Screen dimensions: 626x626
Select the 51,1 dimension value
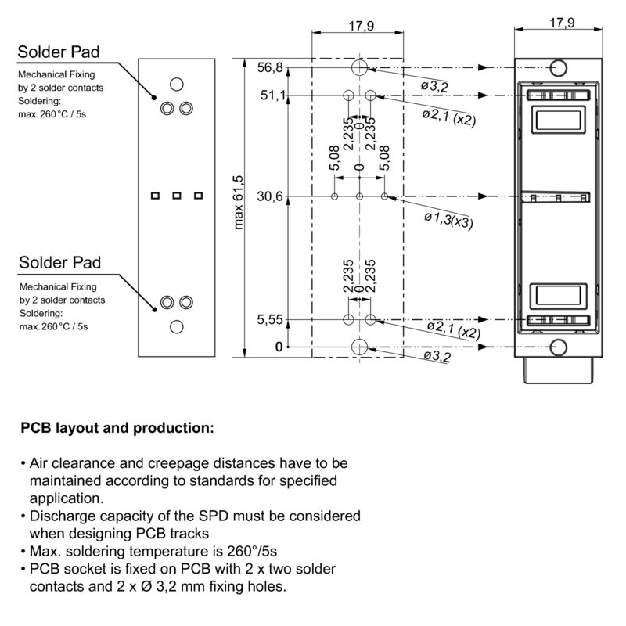(271, 95)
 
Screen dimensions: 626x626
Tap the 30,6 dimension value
(271, 196)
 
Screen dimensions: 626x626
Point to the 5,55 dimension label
(271, 320)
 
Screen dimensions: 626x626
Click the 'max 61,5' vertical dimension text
(239, 202)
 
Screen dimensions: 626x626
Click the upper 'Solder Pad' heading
(59, 52)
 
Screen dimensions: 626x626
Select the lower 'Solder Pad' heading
(59, 261)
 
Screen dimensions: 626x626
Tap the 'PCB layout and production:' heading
(117, 428)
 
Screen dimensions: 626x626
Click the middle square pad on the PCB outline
(177, 195)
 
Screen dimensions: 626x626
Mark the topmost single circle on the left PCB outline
(177, 84)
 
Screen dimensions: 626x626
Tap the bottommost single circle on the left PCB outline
(177, 326)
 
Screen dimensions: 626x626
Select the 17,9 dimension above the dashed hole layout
(359, 26)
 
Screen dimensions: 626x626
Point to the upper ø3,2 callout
(434, 86)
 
